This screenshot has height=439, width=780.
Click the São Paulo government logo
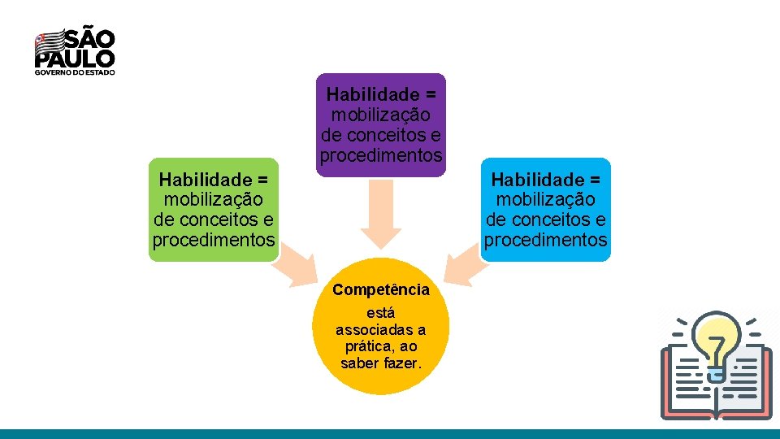(75, 51)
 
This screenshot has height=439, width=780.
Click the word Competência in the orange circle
(381, 289)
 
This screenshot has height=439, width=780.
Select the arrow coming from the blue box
(466, 265)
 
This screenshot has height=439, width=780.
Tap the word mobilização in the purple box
(381, 114)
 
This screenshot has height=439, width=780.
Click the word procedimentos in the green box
(214, 241)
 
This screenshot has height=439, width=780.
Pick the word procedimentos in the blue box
(546, 241)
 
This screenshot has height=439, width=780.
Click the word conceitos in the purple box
(388, 134)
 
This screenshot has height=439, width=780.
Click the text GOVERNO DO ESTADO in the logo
(75, 72)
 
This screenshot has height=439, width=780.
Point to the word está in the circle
(381, 312)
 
